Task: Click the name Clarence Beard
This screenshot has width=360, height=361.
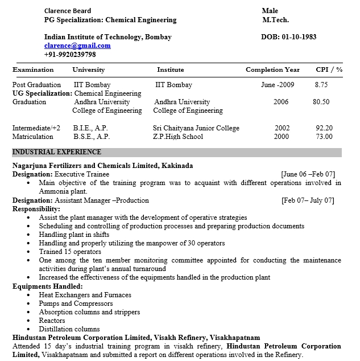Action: tap(67, 11)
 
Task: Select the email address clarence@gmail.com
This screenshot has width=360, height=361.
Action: tap(77, 46)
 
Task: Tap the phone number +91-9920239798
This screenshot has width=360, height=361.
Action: tap(69, 55)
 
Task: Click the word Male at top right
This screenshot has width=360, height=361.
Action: tap(270, 11)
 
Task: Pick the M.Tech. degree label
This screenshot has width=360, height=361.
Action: tap(275, 20)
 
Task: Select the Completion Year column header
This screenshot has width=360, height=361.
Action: tap(272, 69)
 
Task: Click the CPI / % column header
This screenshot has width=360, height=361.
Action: tap(329, 69)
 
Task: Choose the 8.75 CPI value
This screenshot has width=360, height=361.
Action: tap(321, 85)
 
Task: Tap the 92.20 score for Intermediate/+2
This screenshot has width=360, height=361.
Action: tap(324, 128)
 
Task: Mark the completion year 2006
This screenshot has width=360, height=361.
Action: tap(281, 102)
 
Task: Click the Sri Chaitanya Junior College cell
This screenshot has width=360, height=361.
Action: tap(196, 128)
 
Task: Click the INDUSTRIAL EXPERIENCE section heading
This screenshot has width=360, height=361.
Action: tap(57, 152)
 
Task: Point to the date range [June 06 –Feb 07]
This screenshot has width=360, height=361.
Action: tap(308, 174)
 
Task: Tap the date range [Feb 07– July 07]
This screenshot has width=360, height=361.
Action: tap(308, 200)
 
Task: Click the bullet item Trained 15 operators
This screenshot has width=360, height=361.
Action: tap(70, 252)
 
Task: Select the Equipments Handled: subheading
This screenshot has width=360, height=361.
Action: tap(48, 286)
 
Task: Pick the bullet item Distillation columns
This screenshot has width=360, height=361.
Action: tap(69, 329)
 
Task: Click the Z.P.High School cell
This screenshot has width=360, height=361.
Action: tap(178, 137)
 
